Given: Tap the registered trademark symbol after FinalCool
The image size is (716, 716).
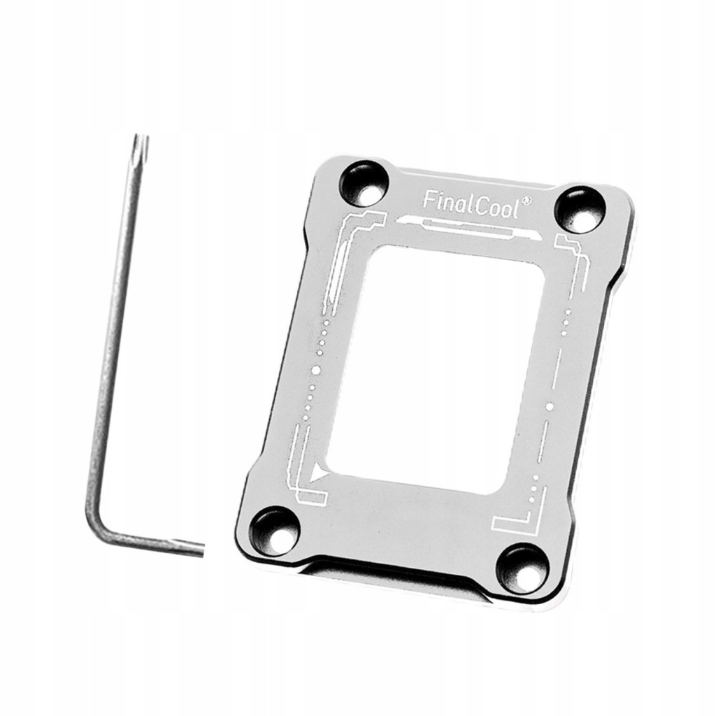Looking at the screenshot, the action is tap(525, 201).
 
